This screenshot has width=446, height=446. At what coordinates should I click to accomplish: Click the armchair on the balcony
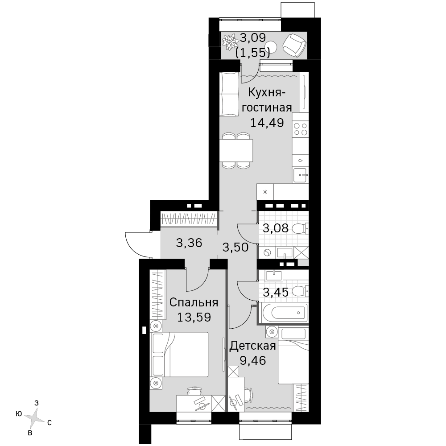[295, 45]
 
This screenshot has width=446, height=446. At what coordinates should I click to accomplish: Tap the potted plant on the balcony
[230, 42]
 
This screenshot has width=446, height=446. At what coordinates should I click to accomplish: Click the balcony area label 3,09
[253, 37]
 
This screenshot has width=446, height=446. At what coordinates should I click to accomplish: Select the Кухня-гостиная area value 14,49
[267, 123]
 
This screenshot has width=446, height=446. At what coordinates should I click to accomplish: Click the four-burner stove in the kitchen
[300, 129]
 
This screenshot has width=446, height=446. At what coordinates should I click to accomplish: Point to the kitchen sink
[300, 175]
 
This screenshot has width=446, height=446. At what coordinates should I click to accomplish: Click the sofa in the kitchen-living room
[229, 94]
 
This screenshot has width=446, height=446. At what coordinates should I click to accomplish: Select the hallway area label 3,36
[189, 243]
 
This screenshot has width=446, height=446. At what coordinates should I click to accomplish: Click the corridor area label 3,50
[235, 248]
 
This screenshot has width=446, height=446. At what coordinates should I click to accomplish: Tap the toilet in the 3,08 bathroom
[300, 229]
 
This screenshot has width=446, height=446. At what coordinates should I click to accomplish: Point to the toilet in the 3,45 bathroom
[300, 291]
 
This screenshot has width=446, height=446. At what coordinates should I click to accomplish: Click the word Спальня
[194, 303]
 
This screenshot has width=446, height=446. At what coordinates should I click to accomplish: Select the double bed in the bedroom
[179, 355]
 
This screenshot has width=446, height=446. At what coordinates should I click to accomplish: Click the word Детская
[252, 346]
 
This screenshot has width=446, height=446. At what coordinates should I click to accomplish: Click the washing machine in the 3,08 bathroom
[267, 252]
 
